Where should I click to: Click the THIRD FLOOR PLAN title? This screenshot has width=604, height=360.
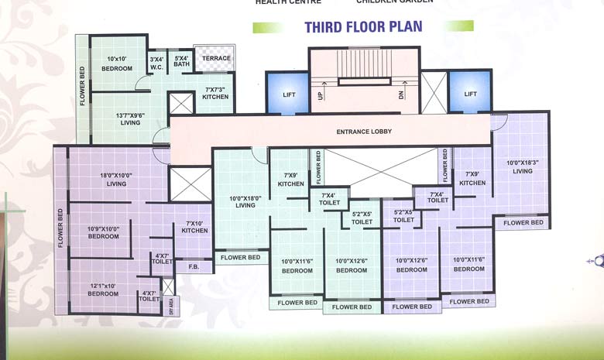pyautogui.click(x=362, y=27)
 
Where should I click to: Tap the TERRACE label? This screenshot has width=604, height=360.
pyautogui.click(x=216, y=59)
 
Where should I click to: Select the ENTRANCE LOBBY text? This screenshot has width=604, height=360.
pyautogui.click(x=363, y=132)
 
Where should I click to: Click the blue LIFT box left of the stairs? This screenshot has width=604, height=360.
pyautogui.click(x=288, y=94)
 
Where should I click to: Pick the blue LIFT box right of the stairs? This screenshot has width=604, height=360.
pyautogui.click(x=470, y=94)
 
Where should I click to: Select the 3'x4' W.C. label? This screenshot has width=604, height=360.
pyautogui.click(x=156, y=63)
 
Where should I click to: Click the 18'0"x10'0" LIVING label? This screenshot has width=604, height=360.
pyautogui.click(x=116, y=180)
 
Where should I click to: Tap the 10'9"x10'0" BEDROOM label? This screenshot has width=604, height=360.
pyautogui.click(x=103, y=232)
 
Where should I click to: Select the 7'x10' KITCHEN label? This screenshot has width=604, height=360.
pyautogui.click(x=194, y=227)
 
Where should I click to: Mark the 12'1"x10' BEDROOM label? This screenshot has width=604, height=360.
pyautogui.click(x=103, y=290)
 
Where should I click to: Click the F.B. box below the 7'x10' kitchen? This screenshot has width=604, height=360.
pyautogui.click(x=194, y=267)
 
